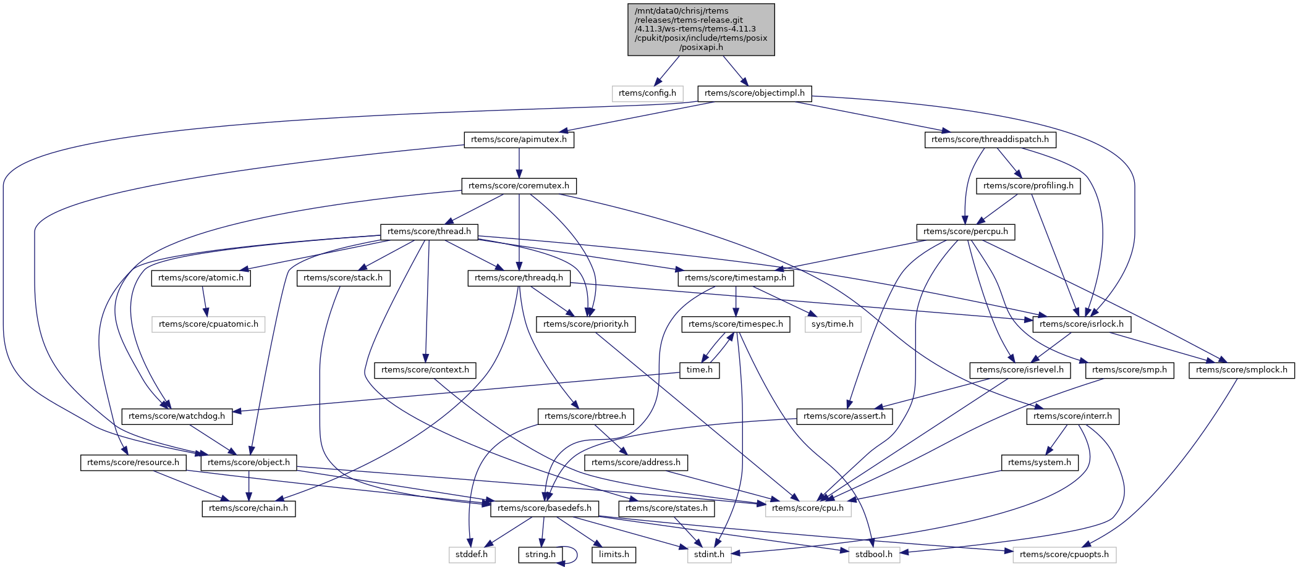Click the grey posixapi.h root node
pos(701,29)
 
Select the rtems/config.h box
pos(647,93)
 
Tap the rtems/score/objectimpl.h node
pos(754,93)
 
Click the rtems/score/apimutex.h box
pos(519,140)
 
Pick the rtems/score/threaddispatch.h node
pos(990,140)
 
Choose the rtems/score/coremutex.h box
pos(519,186)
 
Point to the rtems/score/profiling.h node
pos(1028,186)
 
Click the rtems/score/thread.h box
pos(429,232)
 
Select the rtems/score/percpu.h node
pos(965,232)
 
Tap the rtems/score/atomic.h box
pos(201,278)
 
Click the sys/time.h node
pos(832,324)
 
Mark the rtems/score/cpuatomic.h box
pos(208,324)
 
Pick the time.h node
pos(699,370)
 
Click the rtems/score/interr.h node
pos(1072,416)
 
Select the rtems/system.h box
pos(1039,463)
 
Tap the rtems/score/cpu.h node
pos(807,508)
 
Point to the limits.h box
pos(614,555)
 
